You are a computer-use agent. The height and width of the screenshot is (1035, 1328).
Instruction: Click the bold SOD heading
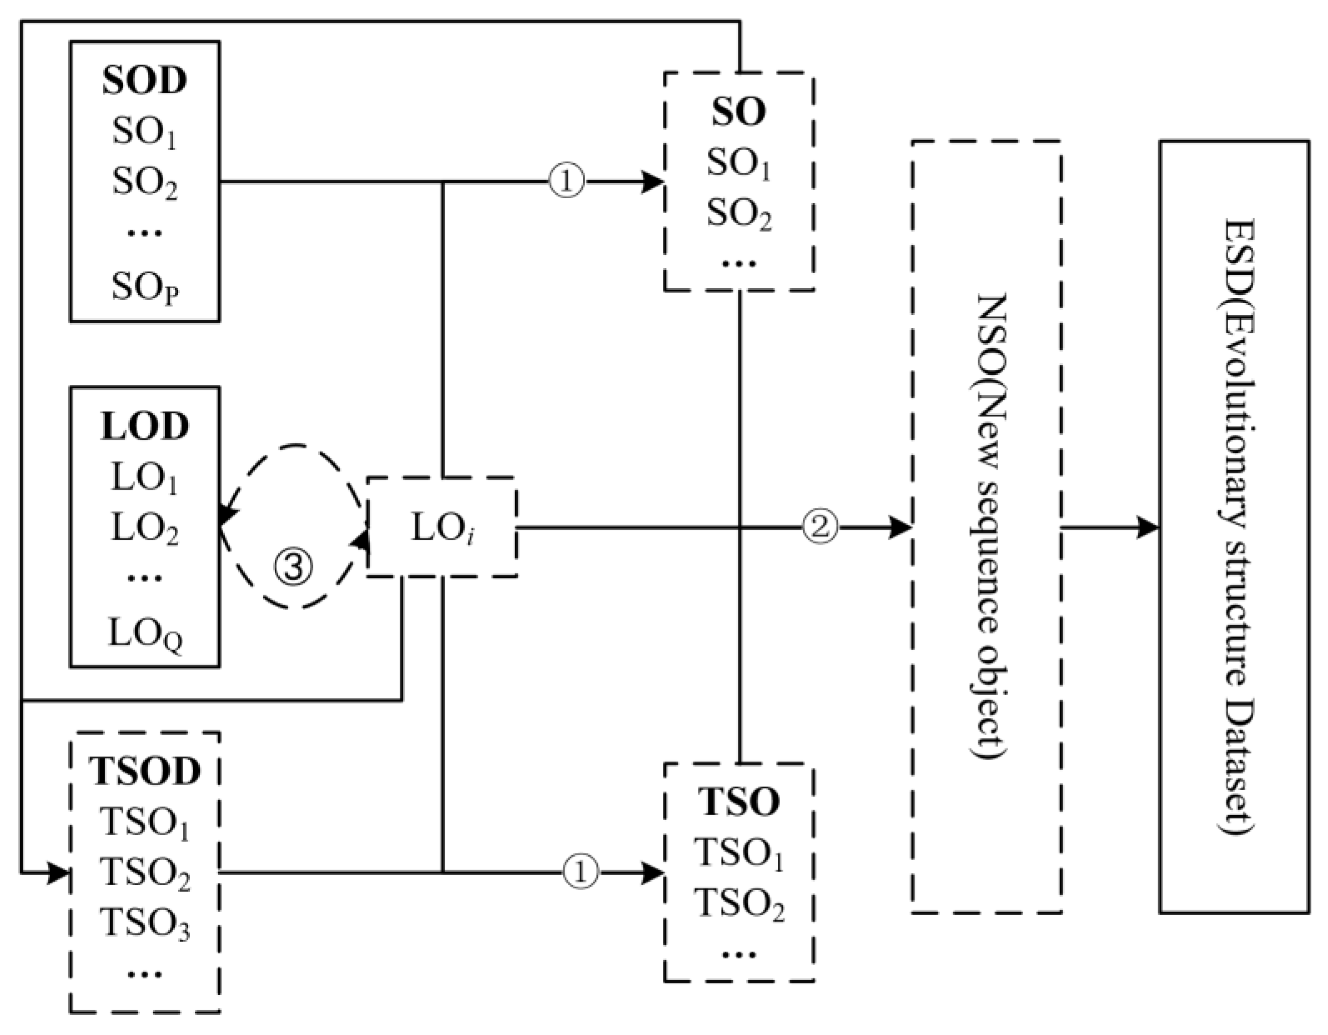pos(144,81)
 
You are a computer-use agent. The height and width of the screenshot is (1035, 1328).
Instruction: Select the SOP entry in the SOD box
pos(145,287)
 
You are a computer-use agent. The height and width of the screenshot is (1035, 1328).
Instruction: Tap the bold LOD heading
pos(145,426)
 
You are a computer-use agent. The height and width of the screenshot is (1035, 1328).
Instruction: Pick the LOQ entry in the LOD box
pos(145,634)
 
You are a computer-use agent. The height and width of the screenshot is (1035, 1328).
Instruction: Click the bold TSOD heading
pos(145,771)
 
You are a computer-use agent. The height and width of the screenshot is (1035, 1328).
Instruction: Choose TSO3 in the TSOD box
pos(145,923)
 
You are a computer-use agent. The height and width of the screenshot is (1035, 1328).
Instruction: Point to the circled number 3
pos(294,567)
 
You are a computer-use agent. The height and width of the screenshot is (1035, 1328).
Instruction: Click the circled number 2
pos(820,526)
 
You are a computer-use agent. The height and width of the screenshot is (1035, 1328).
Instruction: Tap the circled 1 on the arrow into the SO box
pos(567,181)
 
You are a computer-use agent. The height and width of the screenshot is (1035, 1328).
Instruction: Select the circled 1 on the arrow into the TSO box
pos(581,873)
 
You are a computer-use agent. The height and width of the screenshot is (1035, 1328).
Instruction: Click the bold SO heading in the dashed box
pos(739,112)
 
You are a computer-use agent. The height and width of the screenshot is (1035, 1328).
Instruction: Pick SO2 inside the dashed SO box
pos(739,214)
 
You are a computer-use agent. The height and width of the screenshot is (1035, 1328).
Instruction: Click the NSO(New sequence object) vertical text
pos(986,526)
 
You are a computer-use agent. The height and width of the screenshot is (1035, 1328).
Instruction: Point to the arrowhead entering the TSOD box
pos(59,873)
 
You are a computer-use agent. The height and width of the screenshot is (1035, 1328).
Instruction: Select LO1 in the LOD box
pos(145,478)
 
